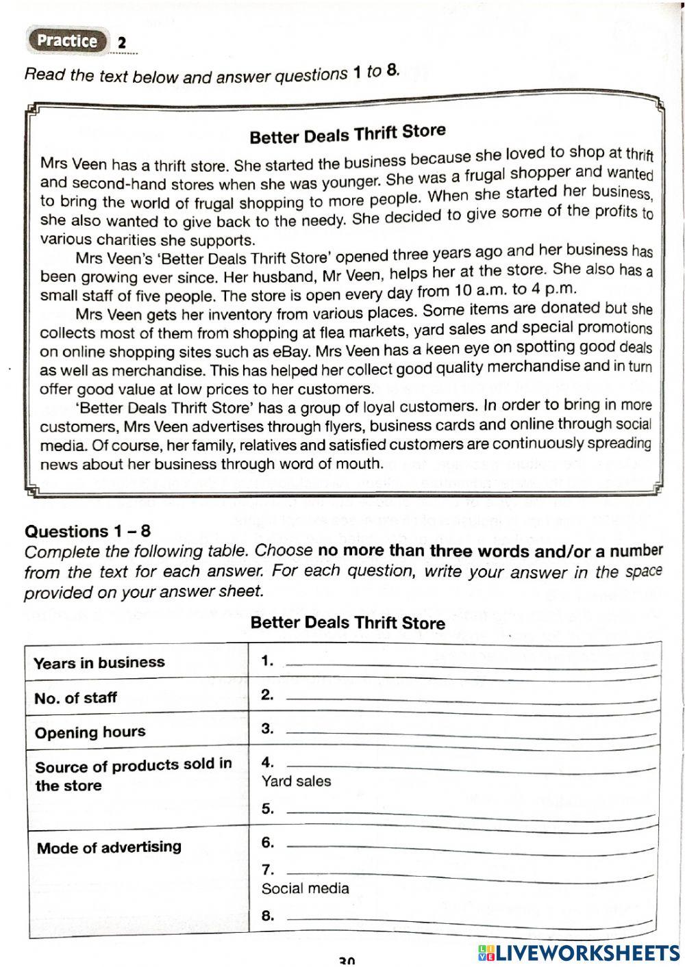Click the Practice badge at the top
(67, 41)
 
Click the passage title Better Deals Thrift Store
(347, 133)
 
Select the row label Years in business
(99, 662)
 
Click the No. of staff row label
(75, 698)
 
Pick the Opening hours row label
(90, 732)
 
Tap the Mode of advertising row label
(109, 848)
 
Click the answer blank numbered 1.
(470, 664)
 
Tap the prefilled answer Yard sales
(296, 781)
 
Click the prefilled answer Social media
(305, 888)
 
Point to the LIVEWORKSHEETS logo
(578, 952)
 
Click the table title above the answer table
(347, 623)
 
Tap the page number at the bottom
(347, 961)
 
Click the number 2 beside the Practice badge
(122, 43)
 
